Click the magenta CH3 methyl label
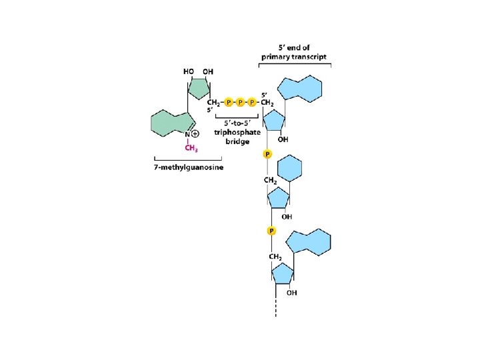[191, 148]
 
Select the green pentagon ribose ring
[198, 88]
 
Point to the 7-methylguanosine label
[190, 167]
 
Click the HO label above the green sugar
[189, 71]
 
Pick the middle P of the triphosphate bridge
[241, 102]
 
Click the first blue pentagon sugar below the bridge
[275, 121]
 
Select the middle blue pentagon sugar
[277, 197]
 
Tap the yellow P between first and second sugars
[267, 154]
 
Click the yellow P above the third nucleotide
[271, 231]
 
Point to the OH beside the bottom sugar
[292, 292]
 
